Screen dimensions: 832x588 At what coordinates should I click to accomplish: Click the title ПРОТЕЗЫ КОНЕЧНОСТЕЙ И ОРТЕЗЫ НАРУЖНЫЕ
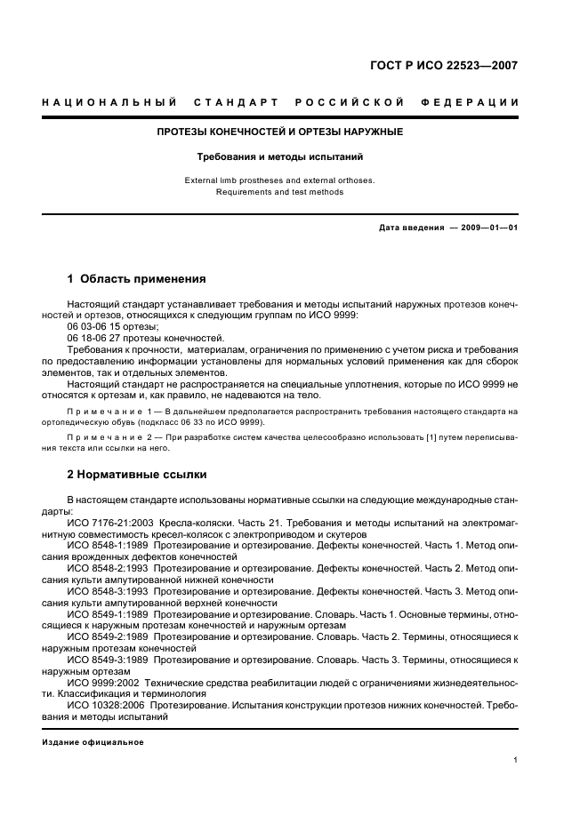click(280, 132)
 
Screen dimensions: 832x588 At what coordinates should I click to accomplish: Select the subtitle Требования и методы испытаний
click(280, 156)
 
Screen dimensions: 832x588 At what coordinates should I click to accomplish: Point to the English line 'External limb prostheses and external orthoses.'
click(280, 180)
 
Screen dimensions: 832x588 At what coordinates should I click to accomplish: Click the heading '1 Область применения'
click(137, 278)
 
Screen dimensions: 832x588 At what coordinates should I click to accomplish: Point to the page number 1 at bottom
click(515, 760)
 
